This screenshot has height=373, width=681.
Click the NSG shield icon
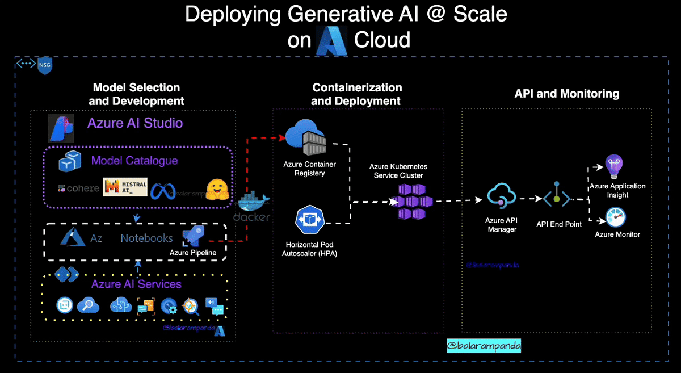coord(45,66)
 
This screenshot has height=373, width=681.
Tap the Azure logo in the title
coord(331,40)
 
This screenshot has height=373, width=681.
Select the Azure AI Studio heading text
coord(135,123)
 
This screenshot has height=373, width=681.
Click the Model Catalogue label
coord(134,161)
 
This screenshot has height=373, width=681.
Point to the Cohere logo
coord(78,188)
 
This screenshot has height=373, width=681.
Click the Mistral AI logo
coord(125,188)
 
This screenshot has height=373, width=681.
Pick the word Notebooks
coord(146,238)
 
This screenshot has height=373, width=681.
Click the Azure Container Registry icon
coord(309,139)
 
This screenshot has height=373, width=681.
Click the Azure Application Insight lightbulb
coord(614,167)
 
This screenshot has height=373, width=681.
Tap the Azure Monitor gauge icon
coord(616,217)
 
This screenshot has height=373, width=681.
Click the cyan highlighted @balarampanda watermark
coord(484,345)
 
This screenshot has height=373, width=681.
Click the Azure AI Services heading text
coord(136,284)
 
